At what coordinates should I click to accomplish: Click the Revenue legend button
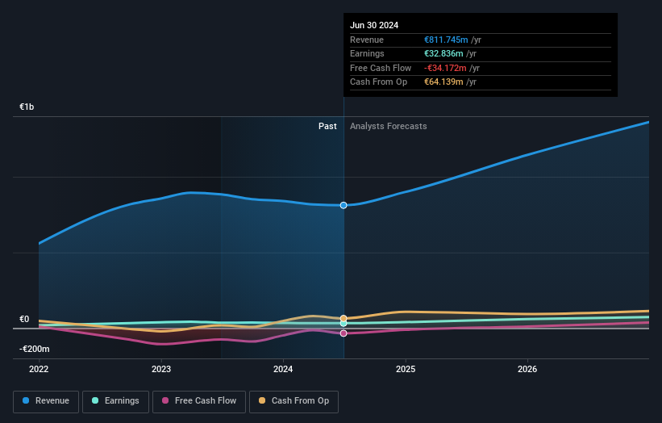point(46,400)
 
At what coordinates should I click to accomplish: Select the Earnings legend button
point(115,400)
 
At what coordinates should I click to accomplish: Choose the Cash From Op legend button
point(294,400)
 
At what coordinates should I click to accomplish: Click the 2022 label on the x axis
point(39,370)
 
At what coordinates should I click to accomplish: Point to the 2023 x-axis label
point(161,370)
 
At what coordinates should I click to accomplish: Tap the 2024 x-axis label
point(283,370)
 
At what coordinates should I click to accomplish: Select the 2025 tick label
point(406,370)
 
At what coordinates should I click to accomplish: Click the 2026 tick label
point(527,370)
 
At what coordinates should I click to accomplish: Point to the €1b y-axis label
point(27,107)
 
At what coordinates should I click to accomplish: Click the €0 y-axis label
point(24,319)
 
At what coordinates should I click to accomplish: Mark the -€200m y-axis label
point(35,349)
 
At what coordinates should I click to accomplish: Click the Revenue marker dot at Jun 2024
point(343,205)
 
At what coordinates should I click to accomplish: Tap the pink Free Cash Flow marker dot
point(343,333)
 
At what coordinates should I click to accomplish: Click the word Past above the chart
point(327,126)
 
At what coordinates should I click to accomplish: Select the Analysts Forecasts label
point(388,126)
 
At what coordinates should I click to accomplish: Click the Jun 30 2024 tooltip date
point(374,25)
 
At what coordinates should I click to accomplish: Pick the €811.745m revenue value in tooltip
point(446,40)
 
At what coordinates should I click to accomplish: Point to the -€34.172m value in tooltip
point(446,68)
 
